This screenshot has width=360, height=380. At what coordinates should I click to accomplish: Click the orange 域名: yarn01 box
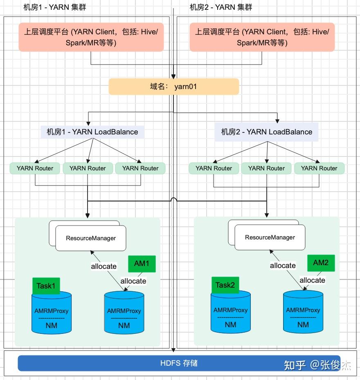point(173,87)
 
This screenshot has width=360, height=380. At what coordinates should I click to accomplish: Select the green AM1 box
point(142,264)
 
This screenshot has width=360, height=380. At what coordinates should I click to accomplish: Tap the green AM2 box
point(321,263)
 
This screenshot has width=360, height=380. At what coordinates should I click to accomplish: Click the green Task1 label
point(46,286)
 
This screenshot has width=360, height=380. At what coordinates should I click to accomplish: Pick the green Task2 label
point(225,285)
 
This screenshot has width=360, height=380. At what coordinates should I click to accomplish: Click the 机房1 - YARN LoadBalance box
point(92,132)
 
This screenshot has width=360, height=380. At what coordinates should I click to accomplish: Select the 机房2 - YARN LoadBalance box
point(267,132)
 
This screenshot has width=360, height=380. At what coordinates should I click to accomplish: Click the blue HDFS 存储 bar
point(179,363)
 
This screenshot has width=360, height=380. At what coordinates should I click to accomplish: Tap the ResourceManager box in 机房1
point(91,238)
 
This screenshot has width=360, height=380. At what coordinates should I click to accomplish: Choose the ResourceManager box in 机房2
point(270,237)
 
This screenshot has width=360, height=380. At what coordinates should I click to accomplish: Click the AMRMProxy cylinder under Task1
point(52,314)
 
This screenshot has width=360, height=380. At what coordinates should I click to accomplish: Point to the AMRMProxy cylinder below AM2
point(303,313)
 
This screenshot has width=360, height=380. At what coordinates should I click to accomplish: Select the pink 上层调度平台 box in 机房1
point(91,37)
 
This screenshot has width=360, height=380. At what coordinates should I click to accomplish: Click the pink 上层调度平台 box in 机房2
point(262,37)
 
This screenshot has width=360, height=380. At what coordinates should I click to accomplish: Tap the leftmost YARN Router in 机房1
point(35,168)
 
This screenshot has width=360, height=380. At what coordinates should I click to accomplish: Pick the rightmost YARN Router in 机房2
point(319,168)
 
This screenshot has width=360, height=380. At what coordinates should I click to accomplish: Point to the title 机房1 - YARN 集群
point(55,7)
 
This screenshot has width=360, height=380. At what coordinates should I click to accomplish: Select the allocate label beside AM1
point(133,281)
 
